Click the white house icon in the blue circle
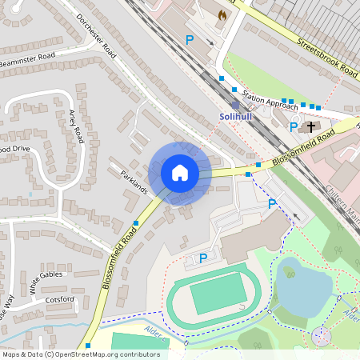pyautogui.click(x=180, y=173)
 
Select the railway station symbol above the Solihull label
pyautogui.click(x=235, y=105)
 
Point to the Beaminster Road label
pyautogui.click(x=28, y=61)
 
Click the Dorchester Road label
pyautogui.click(x=95, y=37)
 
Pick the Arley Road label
pyautogui.click(x=77, y=126)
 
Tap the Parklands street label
pyautogui.click(x=134, y=182)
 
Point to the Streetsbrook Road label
pyautogui.click(x=323, y=54)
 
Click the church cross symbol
pyautogui.click(x=310, y=126)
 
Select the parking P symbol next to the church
pyautogui.click(x=294, y=126)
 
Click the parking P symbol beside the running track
pyautogui.click(x=203, y=258)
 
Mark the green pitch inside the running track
pyautogui.click(x=218, y=294)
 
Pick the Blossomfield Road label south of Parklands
pyautogui.click(x=119, y=256)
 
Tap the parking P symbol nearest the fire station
pyautogui.click(x=190, y=39)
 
